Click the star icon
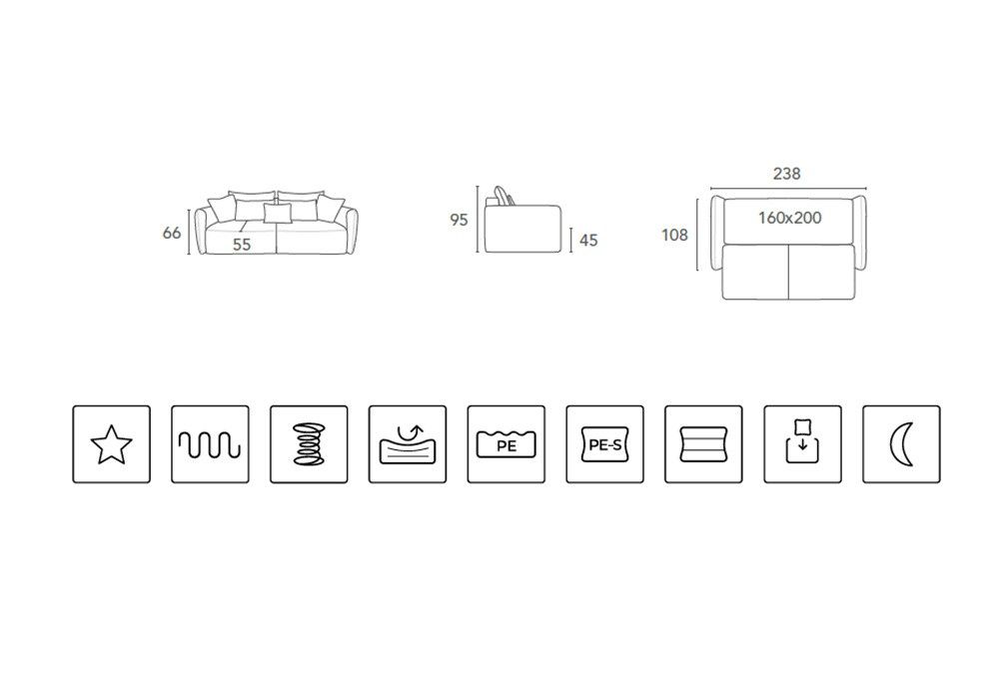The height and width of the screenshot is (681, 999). pyautogui.click(x=112, y=444)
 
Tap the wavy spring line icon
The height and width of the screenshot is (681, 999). pyautogui.click(x=210, y=444)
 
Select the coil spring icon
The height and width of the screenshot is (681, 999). pyautogui.click(x=309, y=444)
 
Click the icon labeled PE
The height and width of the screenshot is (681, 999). pyautogui.click(x=506, y=444)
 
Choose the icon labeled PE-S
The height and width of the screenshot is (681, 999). pyautogui.click(x=605, y=444)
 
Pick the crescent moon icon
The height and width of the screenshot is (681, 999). pyautogui.click(x=901, y=444)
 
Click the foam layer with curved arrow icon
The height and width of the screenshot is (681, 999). pyautogui.click(x=408, y=444)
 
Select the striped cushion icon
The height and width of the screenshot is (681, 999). pyautogui.click(x=704, y=444)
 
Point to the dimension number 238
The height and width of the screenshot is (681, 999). pyautogui.click(x=787, y=174)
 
